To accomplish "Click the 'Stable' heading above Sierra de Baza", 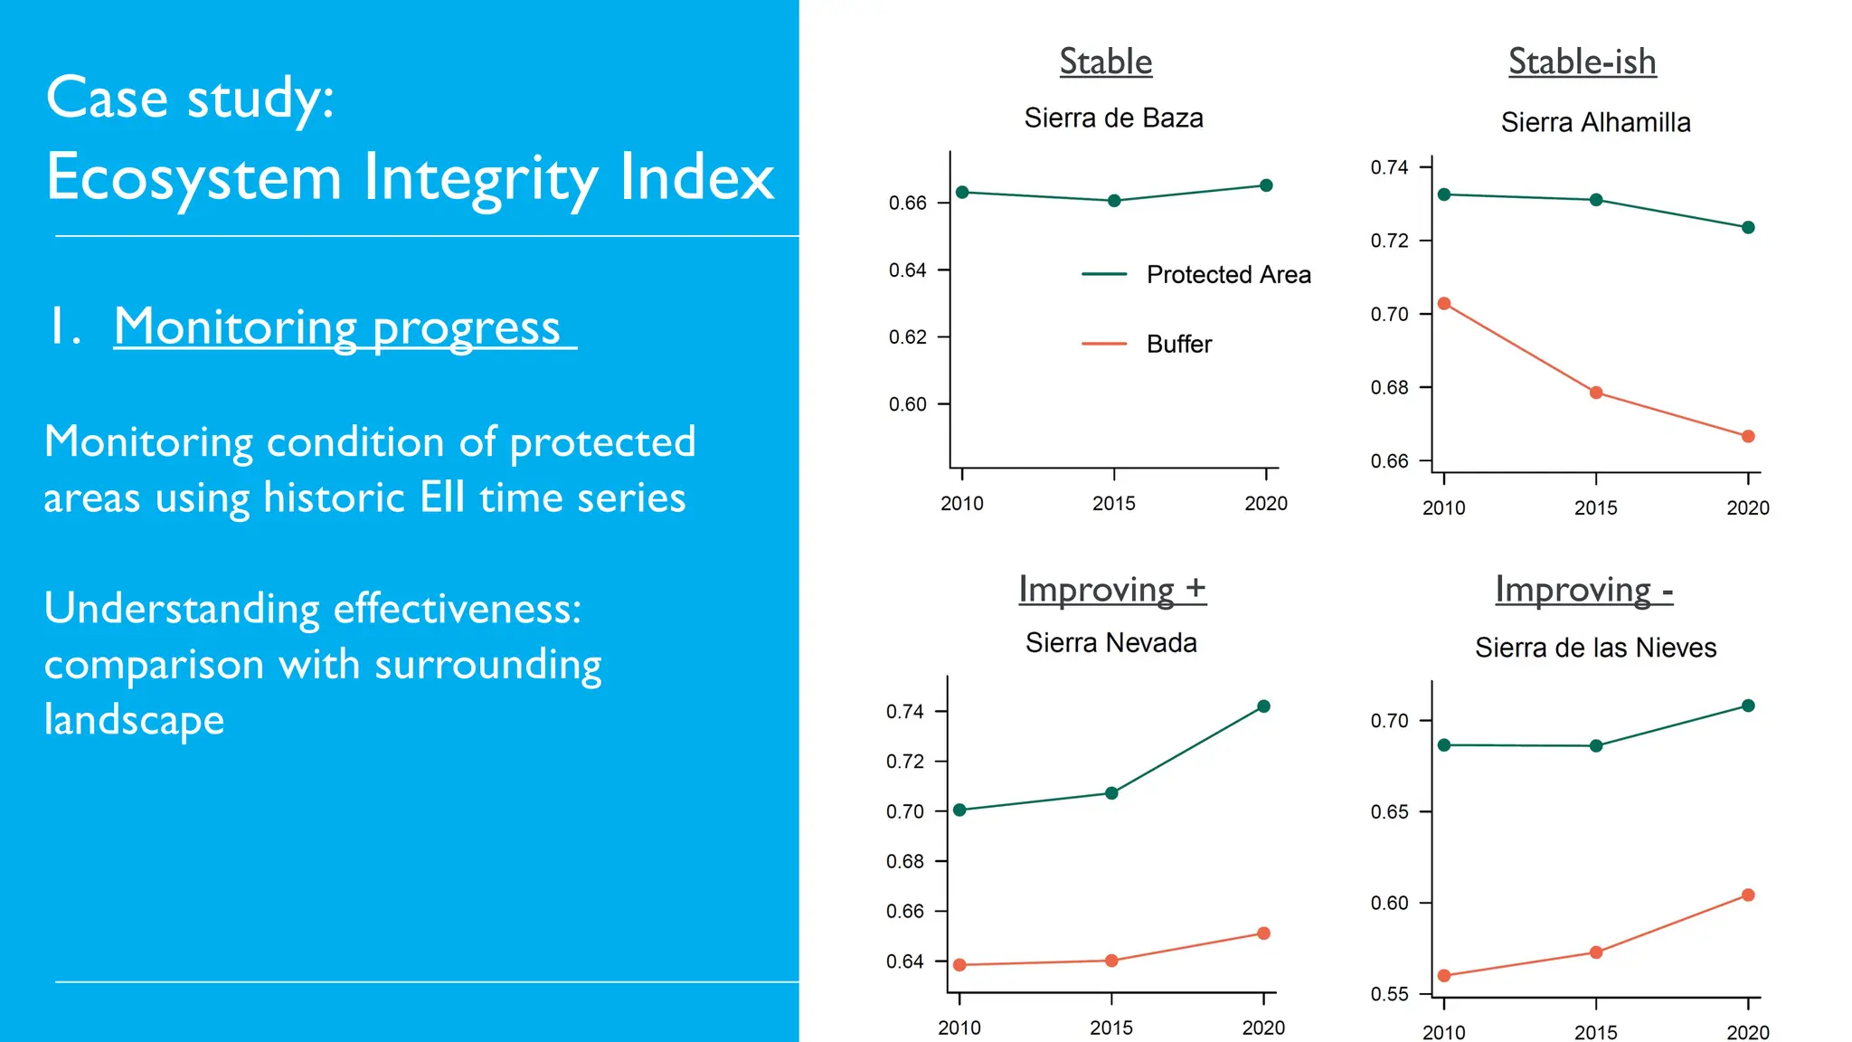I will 1105,62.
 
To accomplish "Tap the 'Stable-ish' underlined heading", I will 1582,62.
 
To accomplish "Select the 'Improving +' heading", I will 1111,589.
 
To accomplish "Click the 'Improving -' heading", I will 1583,590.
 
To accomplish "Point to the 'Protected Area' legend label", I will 1228,274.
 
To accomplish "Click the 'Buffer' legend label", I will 1178,344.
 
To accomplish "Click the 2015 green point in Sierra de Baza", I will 1114,201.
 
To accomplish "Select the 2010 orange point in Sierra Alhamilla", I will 1444,304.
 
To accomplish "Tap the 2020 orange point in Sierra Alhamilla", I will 1748,436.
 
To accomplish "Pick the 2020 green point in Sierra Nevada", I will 1264,706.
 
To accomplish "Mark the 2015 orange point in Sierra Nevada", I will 1111,961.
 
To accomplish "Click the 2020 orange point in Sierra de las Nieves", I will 1748,895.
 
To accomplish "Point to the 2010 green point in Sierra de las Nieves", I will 1444,745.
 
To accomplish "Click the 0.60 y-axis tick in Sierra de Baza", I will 908,404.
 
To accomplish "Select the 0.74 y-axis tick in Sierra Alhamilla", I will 1390,167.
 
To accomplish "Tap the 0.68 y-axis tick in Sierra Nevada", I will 905,861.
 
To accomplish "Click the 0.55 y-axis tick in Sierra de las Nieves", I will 1390,994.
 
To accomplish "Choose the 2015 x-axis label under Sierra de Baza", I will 1113,504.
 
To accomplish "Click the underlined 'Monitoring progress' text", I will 337,327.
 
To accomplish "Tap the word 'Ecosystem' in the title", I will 194,177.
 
